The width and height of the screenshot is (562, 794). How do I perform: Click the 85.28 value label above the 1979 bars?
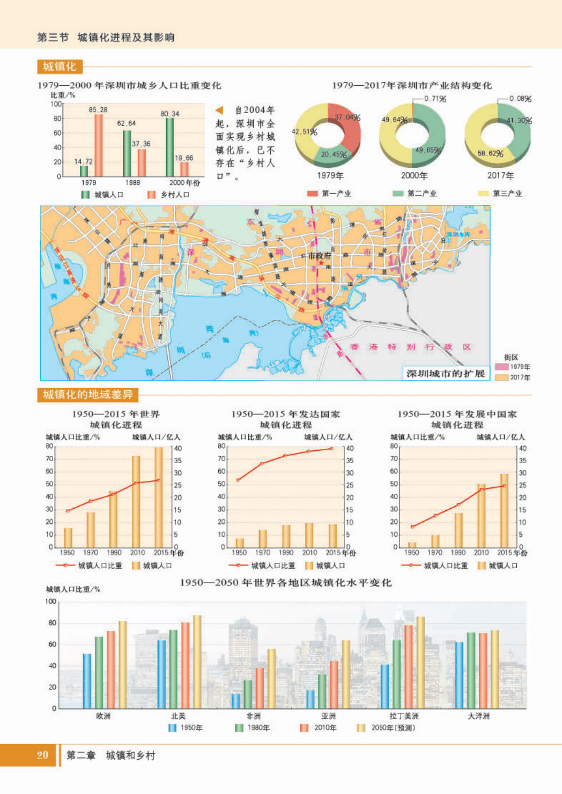coord(98,110)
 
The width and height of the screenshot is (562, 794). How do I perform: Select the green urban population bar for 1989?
coord(127,153)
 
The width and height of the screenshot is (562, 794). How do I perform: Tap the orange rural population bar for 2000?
coord(184,169)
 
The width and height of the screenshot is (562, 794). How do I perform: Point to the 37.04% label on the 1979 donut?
coord(347,117)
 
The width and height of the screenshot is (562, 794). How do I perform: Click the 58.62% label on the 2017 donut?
coord(490,153)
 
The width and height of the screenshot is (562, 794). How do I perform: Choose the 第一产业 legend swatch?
coord(312,194)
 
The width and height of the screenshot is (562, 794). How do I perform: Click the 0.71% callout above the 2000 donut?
coord(435,99)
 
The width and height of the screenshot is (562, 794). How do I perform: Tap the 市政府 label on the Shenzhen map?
coord(319,256)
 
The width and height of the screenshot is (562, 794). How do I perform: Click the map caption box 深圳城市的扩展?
coord(446,374)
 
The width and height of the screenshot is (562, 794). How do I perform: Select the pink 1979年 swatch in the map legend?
coord(501,367)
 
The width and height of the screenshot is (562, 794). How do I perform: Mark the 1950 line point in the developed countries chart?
coord(239,480)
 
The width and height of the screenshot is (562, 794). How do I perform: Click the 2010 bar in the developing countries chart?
coord(482,515)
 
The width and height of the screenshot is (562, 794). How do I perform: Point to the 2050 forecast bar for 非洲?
coord(272,679)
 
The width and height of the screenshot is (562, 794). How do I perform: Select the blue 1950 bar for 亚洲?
coord(310,699)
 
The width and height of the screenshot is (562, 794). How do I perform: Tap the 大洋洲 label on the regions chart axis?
coord(478,716)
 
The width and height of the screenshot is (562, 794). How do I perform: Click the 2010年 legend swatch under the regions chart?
coord(305,728)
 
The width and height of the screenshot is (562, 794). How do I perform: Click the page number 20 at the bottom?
coord(42,755)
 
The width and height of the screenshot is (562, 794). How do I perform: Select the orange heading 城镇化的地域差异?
coord(88,395)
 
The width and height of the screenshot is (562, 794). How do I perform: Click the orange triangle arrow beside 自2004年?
coord(219,110)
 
